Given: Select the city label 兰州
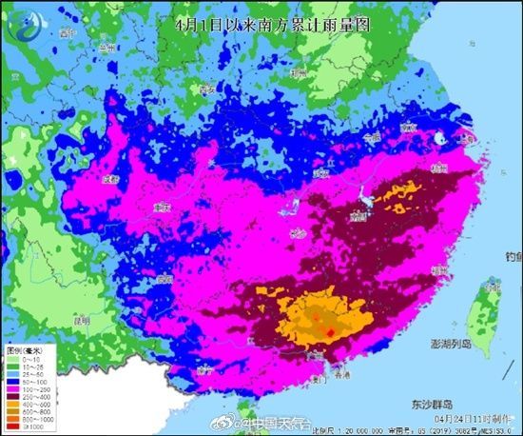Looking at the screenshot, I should pos(107,45).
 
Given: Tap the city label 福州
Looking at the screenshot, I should pos(438,270).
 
